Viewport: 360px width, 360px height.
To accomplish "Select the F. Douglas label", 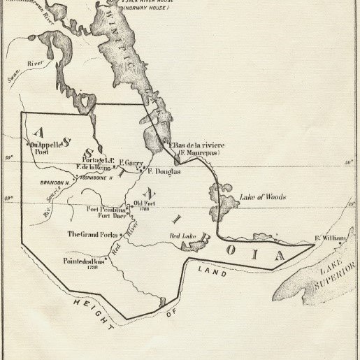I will pos(164,171).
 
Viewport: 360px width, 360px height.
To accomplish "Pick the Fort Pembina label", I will pos(106,209).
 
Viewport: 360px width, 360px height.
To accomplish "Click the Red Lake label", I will pos(182,236).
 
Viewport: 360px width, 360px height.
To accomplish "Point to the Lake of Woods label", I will pos(262,197).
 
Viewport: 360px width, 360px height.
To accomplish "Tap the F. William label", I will pos(330,238).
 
